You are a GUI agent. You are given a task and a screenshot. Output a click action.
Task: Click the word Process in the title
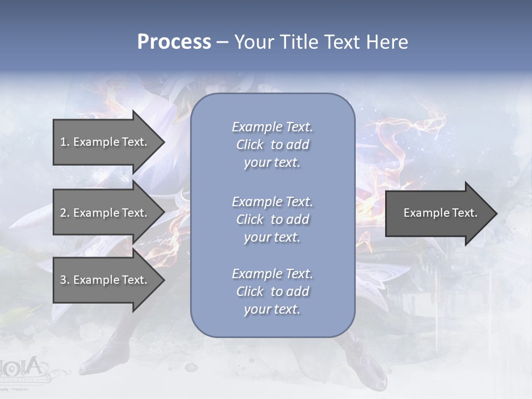(x=174, y=42)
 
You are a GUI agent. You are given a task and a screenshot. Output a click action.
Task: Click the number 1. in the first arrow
(x=65, y=142)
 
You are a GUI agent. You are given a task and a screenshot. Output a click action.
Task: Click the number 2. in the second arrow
(x=65, y=213)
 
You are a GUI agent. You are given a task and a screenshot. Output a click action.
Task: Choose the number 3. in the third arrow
(x=65, y=280)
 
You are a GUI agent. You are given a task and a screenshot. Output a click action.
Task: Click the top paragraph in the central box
(x=272, y=145)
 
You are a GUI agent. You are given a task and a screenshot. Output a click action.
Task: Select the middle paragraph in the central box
(x=272, y=219)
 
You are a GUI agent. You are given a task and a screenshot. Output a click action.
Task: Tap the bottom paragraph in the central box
(x=272, y=291)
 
